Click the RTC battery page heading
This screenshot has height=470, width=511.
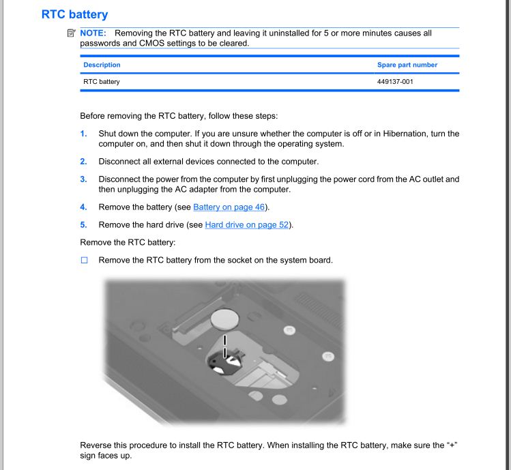click(74, 13)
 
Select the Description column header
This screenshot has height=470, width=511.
click(102, 65)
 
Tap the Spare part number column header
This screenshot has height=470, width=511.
click(407, 65)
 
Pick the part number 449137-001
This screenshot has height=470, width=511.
click(396, 82)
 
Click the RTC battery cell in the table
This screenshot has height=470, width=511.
click(102, 82)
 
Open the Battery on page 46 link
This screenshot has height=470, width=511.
click(229, 207)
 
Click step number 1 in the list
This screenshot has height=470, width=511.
click(83, 133)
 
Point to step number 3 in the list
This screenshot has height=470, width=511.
click(83, 179)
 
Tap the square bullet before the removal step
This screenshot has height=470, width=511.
click(85, 261)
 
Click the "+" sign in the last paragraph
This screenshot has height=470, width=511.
click(451, 445)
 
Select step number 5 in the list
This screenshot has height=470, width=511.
click(83, 224)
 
